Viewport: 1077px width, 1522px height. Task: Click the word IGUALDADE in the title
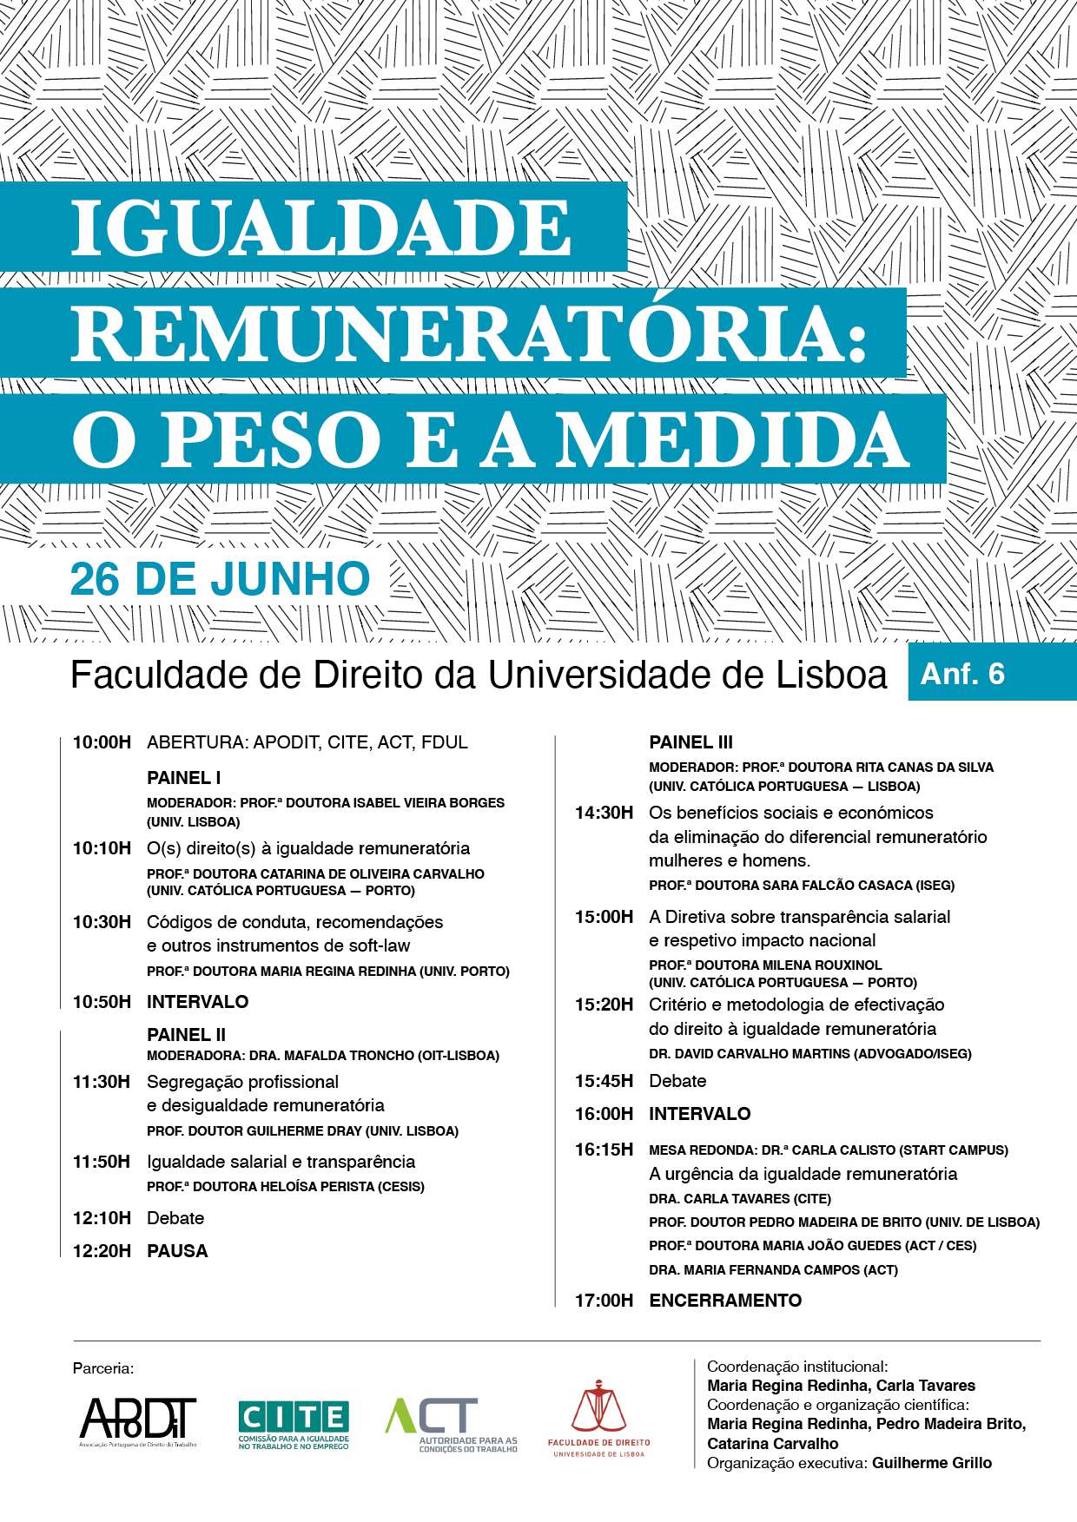click(x=321, y=227)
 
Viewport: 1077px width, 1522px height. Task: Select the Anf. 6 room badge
click(x=962, y=674)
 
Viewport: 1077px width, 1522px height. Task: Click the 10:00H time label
click(x=102, y=742)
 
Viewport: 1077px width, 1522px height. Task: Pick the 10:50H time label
click(x=102, y=1002)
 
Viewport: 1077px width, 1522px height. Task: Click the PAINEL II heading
click(x=186, y=1034)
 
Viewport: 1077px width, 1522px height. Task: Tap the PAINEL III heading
click(x=690, y=742)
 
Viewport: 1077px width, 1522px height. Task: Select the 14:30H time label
click(x=604, y=813)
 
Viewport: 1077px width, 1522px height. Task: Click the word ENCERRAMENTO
click(x=725, y=1300)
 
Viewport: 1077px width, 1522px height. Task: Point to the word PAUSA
click(x=177, y=1251)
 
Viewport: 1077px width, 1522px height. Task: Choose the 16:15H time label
click(x=604, y=1150)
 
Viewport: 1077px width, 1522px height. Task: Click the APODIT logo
click(x=138, y=1420)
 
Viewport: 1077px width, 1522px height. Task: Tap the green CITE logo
click(x=294, y=1422)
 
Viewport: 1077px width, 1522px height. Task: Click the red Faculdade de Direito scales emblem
click(x=598, y=1407)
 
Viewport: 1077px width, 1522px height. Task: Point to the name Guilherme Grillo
click(x=931, y=1463)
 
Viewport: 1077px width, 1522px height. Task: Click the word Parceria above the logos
click(x=103, y=1368)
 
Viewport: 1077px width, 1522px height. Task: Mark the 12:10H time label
click(x=102, y=1218)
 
